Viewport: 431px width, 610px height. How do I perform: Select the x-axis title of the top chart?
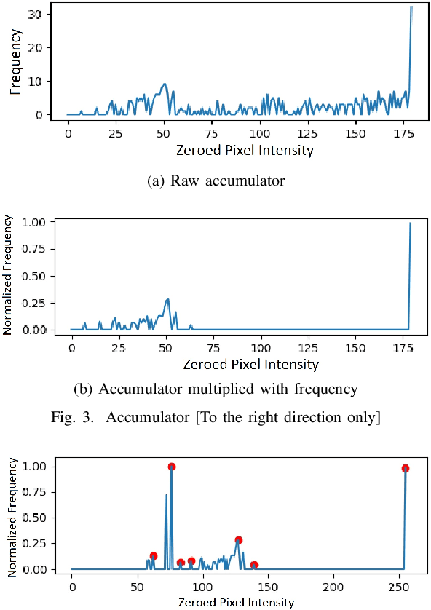[245, 151]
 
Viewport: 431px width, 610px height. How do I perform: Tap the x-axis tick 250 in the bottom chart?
[399, 586]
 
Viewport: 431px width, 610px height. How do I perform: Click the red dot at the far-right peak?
[406, 468]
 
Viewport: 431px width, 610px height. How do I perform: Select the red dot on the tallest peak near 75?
[172, 467]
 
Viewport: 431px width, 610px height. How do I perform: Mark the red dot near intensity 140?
[254, 565]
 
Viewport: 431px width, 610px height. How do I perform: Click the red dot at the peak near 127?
[238, 540]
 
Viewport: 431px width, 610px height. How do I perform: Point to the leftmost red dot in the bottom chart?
[153, 556]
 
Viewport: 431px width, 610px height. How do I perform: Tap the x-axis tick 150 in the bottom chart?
[268, 586]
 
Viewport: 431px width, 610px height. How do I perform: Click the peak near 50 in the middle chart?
[167, 299]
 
